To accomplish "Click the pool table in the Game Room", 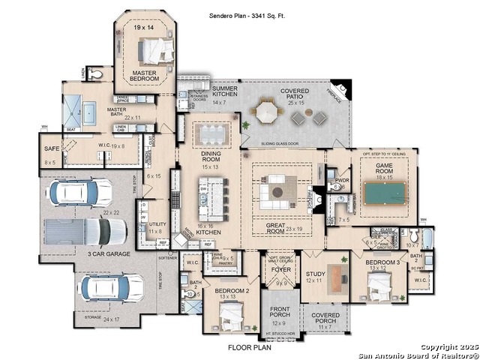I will (384, 193).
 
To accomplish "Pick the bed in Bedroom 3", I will (379, 285).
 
